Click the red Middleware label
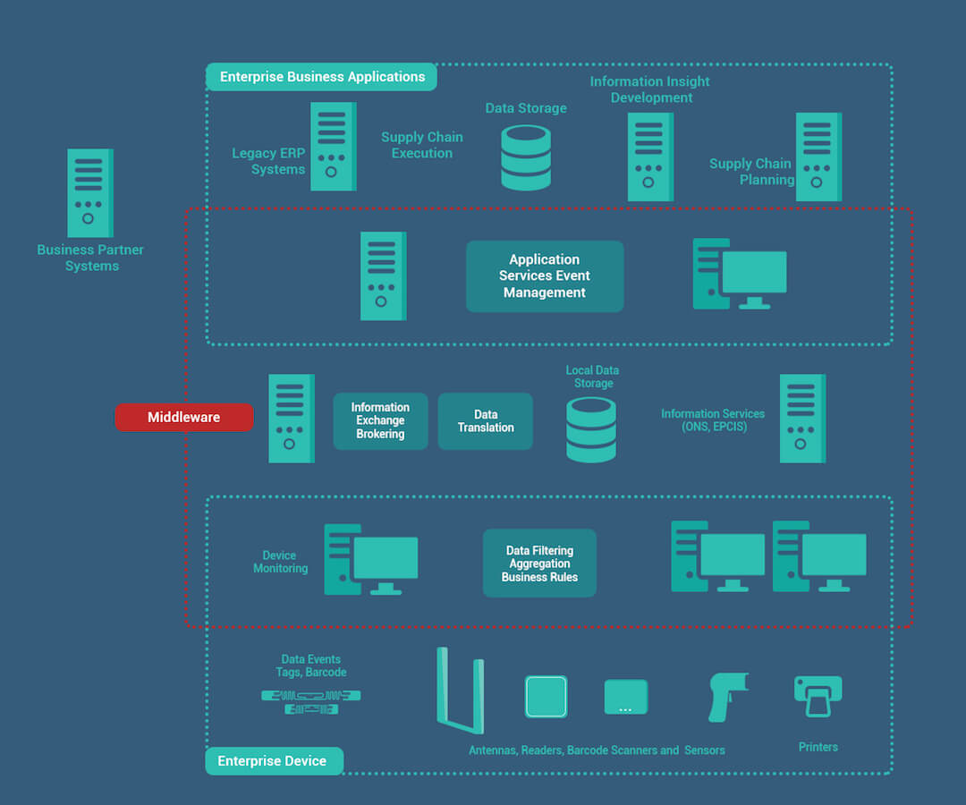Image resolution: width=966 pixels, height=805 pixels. click(184, 417)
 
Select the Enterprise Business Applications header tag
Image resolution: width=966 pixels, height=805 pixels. click(322, 77)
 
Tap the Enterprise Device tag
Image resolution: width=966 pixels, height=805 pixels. click(275, 760)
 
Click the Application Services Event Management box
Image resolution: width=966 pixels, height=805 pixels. click(545, 275)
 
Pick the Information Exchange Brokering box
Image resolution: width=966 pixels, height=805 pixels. click(380, 420)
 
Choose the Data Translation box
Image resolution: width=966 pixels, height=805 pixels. click(486, 420)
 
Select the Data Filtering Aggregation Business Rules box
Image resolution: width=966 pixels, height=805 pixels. click(539, 563)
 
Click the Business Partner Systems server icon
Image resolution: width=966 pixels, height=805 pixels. click(90, 193)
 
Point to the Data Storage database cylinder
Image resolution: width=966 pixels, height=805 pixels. click(526, 157)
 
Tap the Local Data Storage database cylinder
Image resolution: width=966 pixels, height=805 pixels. click(591, 430)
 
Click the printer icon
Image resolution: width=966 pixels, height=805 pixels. click(818, 697)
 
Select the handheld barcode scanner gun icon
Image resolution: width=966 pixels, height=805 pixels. click(727, 697)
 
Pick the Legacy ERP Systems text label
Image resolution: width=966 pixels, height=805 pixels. click(268, 161)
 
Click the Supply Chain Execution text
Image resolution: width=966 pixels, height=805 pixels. click(422, 145)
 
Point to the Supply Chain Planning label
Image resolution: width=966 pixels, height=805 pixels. click(751, 171)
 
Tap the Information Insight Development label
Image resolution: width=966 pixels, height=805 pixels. click(650, 89)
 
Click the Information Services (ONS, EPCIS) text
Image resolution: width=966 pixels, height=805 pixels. click(713, 420)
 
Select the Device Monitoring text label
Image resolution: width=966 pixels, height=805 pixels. click(280, 562)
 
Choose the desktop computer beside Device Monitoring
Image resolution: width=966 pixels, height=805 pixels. click(371, 559)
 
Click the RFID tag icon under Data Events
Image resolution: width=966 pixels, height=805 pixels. click(311, 702)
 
